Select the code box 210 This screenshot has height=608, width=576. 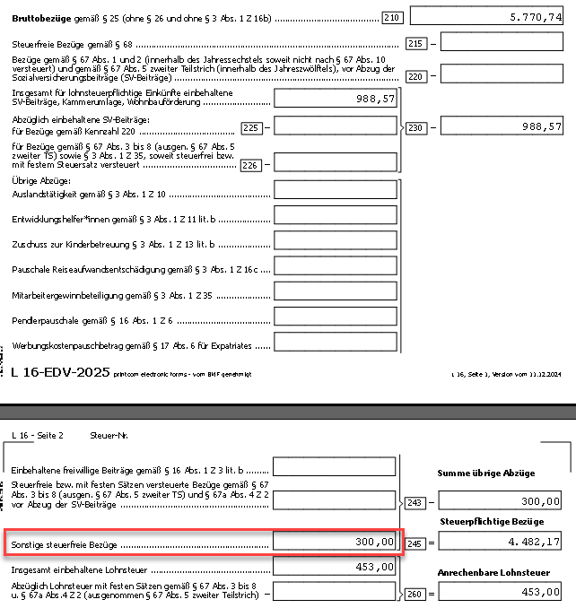[391, 16]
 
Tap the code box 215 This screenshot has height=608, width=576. [415, 43]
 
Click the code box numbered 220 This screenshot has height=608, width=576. [415, 76]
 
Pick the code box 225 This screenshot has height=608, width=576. [252, 128]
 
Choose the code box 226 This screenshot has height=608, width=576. [252, 164]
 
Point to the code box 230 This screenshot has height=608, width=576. [415, 128]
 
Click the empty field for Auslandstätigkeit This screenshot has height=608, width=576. [335, 189]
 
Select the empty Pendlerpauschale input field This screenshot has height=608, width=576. [335, 317]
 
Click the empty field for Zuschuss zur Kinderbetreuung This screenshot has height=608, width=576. [335, 240]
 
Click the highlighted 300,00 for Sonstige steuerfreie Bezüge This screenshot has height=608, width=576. [335, 543]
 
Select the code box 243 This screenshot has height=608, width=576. [415, 503]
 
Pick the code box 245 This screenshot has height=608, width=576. [415, 543]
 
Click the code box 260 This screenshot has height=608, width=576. [415, 593]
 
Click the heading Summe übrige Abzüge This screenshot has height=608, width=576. [485, 473]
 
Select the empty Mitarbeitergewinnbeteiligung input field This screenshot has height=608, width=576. [335, 291]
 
